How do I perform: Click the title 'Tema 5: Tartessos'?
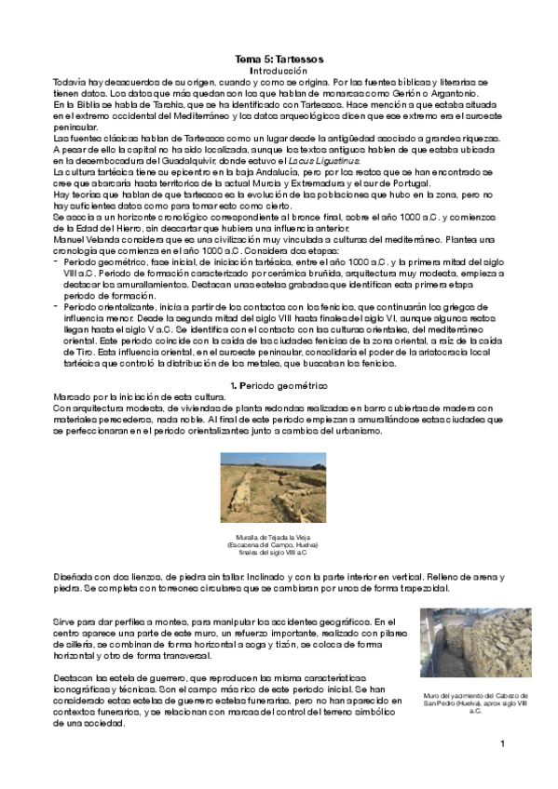click(x=279, y=59)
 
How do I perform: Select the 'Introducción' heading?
click(x=279, y=71)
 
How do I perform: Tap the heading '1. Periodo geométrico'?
click(x=279, y=383)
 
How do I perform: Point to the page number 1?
click(x=502, y=743)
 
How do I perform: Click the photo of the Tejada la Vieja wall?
click(x=279, y=490)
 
